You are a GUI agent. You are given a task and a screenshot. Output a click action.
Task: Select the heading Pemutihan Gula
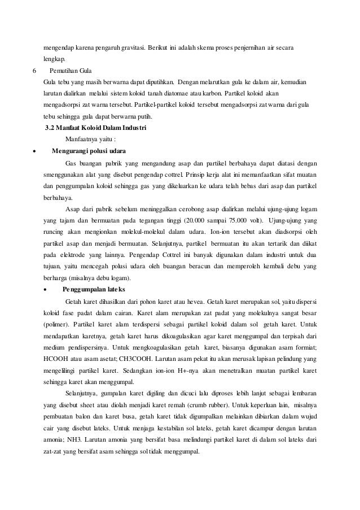68,71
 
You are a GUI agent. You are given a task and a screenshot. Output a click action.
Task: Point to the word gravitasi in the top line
128,45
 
